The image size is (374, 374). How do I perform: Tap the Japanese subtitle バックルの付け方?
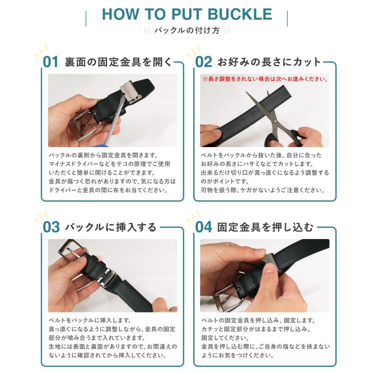187,30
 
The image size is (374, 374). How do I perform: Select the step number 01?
51,62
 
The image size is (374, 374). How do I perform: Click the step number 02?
204,62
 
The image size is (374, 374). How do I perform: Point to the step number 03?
51,227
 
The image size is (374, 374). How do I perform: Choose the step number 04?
204,227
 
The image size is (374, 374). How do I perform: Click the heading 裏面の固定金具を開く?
118,62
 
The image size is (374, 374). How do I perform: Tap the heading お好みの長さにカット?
269,62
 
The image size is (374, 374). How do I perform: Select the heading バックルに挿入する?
111,227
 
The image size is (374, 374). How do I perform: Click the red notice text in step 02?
265,78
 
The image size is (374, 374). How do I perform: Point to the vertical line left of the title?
86,18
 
